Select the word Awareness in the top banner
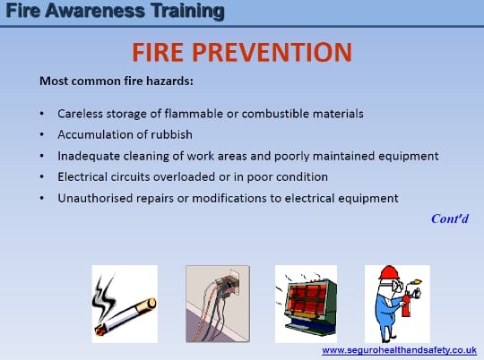(95, 11)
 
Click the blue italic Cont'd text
(450, 219)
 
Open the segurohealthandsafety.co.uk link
(400, 350)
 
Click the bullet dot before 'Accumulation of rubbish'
(41, 135)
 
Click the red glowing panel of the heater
(307, 298)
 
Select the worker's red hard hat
(389, 273)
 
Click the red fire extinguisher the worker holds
(406, 303)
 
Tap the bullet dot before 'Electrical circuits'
(41, 176)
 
